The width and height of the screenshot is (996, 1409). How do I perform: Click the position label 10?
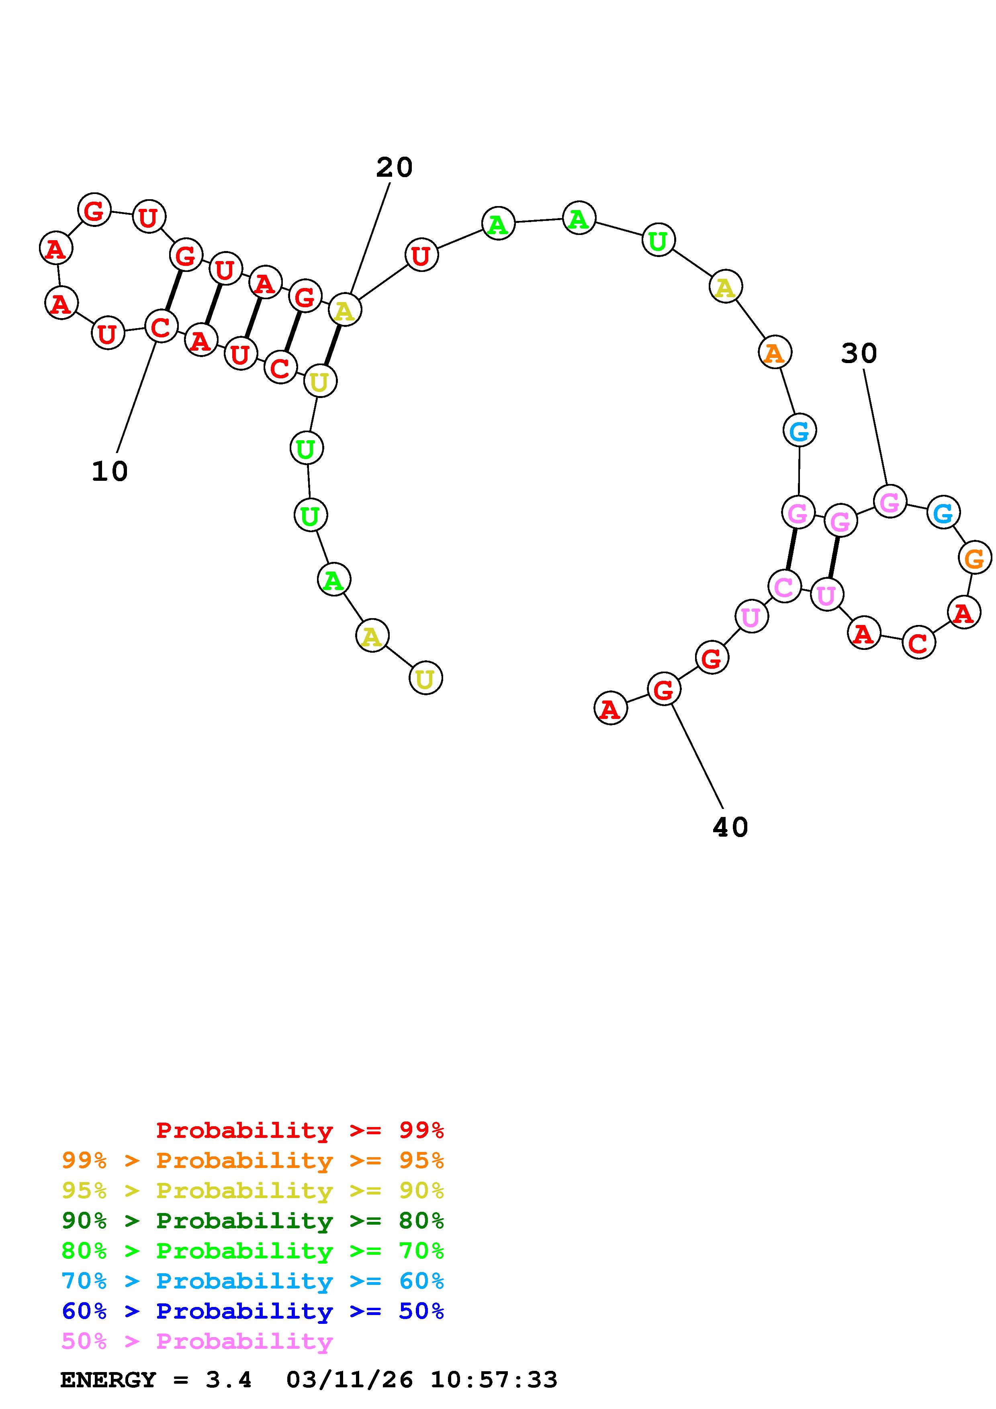pos(110,471)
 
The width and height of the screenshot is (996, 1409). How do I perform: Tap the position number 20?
pos(394,167)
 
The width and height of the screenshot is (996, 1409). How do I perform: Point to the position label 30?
pos(859,353)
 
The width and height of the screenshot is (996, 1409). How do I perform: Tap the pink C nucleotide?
pos(784,587)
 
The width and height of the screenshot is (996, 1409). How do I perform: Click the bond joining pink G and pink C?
pos(791,549)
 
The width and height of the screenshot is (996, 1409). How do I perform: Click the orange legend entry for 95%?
pos(253,1160)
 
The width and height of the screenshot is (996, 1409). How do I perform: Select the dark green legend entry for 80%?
pos(253,1220)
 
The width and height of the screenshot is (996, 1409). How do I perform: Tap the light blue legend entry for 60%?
pos(253,1281)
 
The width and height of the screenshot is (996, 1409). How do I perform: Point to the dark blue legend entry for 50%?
pos(253,1311)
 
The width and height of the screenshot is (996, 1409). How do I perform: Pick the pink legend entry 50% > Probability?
pos(197,1341)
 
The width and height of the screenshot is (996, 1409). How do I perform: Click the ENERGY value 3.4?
pos(228,1380)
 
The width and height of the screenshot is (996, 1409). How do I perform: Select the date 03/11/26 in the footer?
pos(350,1380)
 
